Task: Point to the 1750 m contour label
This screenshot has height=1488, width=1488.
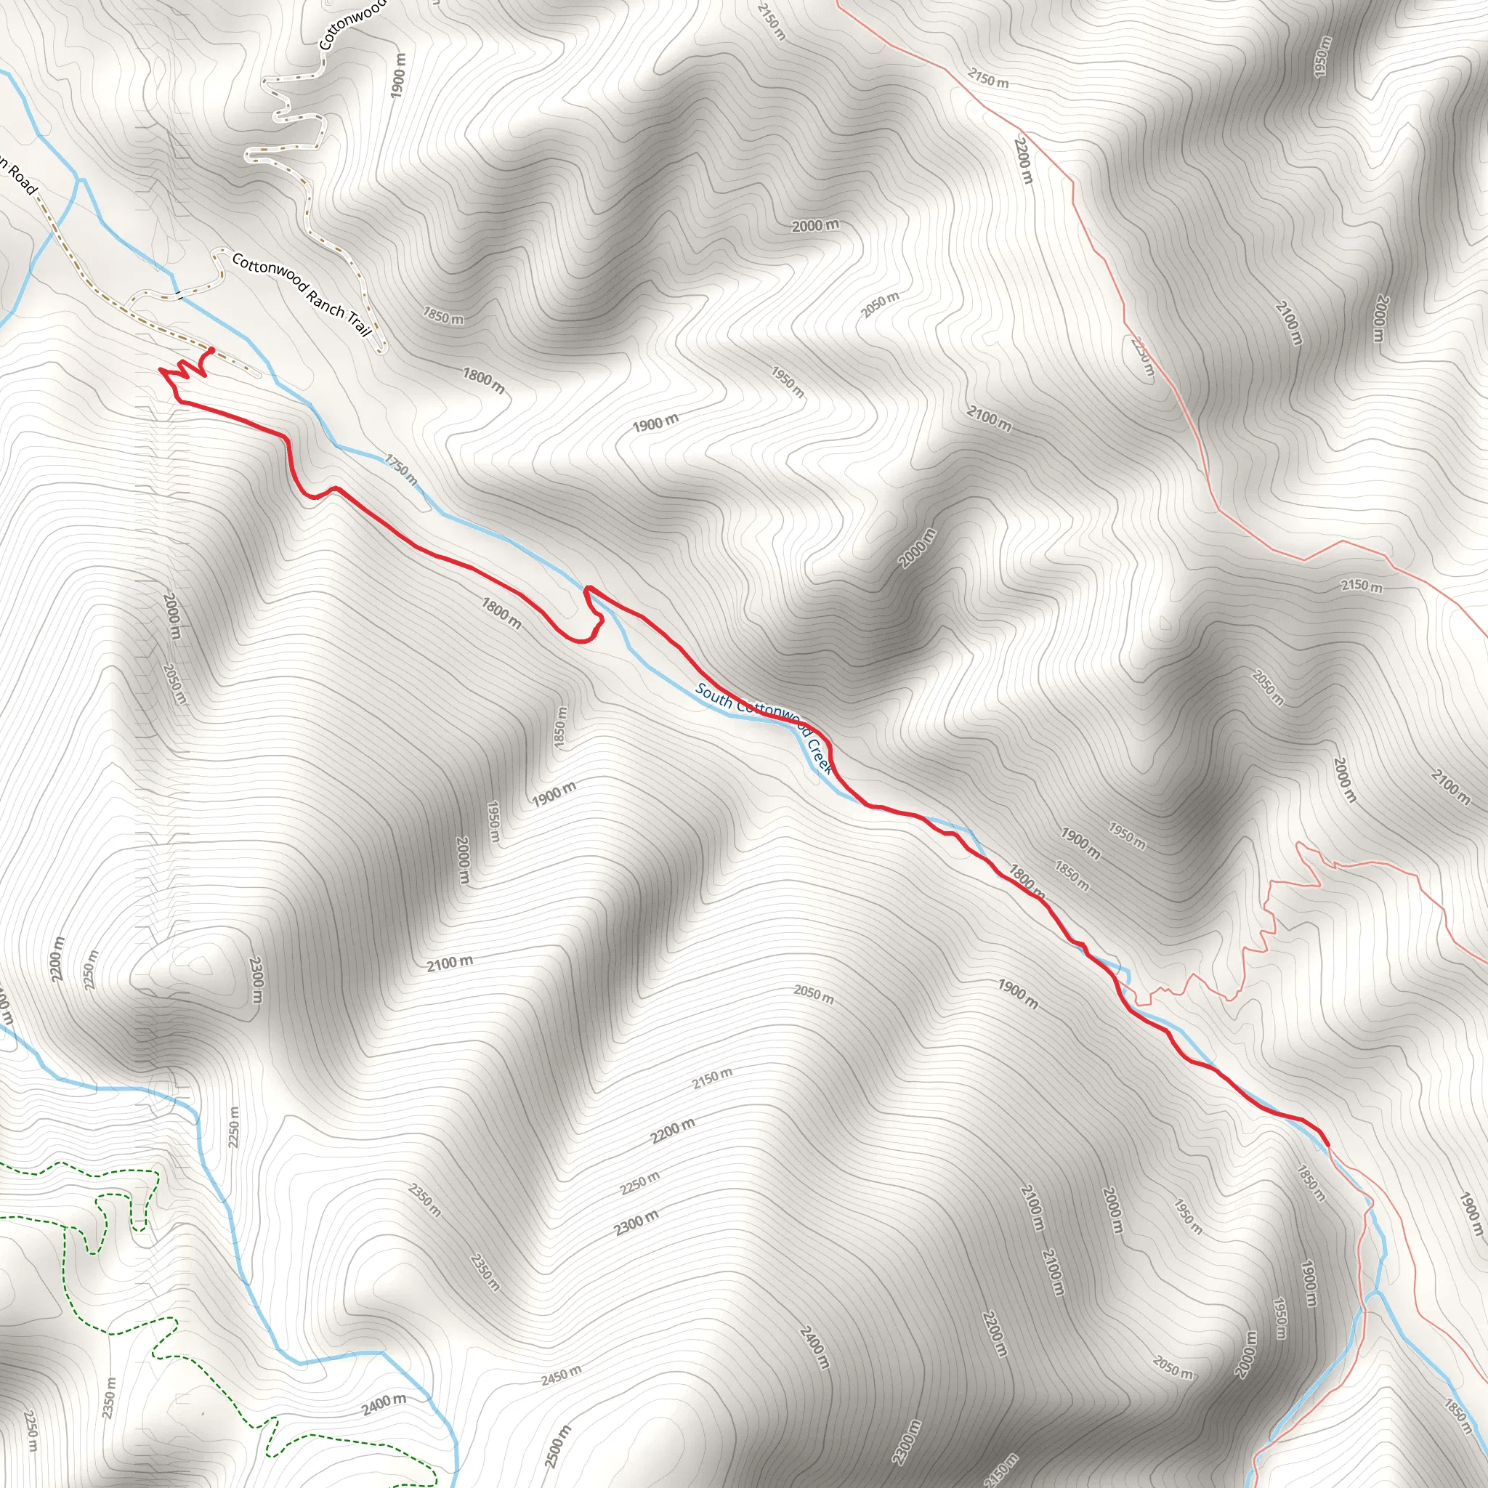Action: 400,469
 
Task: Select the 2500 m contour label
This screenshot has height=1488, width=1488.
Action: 557,1447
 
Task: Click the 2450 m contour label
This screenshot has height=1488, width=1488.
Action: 561,1375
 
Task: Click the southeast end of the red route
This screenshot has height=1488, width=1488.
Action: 1327,1145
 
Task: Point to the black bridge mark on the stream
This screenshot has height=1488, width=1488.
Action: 178,294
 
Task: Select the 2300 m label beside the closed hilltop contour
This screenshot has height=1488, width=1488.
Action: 256,980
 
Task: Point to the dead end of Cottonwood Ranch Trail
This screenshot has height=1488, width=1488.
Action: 382,350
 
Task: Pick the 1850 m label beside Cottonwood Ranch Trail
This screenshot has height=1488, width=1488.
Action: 443,315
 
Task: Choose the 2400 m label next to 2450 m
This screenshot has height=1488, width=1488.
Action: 384,1403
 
